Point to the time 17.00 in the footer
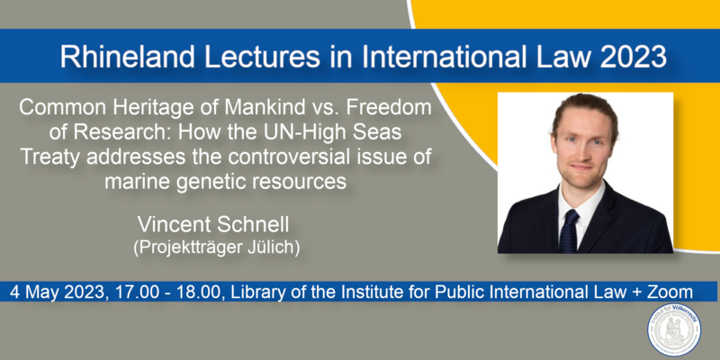(135, 292)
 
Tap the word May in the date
(42, 292)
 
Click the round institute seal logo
(673, 329)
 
